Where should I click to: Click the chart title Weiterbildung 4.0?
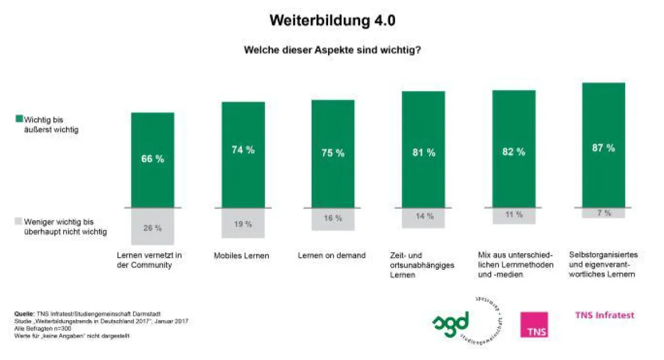(x=332, y=21)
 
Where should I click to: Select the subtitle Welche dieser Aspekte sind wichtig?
(x=333, y=50)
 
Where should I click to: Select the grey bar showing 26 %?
(x=152, y=227)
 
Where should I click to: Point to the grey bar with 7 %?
(x=604, y=213)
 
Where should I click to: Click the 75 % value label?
(x=333, y=153)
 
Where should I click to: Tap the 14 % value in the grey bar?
(x=423, y=216)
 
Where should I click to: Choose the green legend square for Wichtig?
(x=18, y=119)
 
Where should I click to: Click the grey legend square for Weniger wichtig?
(x=18, y=221)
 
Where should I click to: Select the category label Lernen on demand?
(x=331, y=255)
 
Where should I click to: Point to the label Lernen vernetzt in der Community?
(x=149, y=260)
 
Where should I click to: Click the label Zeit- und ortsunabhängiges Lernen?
(x=422, y=265)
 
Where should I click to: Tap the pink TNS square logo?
(x=534, y=325)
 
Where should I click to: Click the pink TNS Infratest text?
(x=604, y=315)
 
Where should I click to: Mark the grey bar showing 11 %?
(x=513, y=216)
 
